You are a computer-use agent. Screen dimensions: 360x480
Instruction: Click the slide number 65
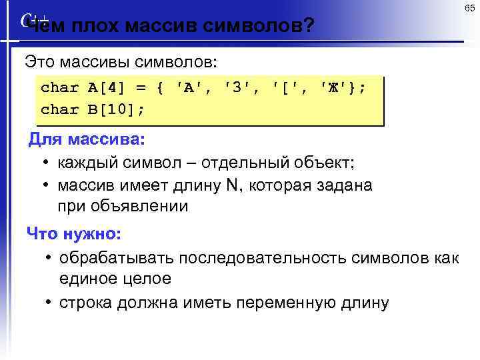470,8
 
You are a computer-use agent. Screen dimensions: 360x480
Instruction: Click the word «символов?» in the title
259,26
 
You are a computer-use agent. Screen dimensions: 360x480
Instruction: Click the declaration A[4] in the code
107,87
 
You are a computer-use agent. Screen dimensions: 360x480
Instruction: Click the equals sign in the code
141,87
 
